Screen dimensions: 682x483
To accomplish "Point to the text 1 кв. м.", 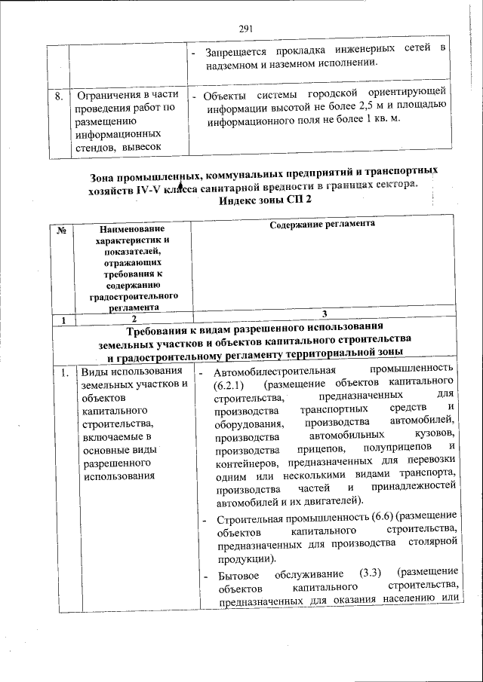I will click(x=383, y=121).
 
